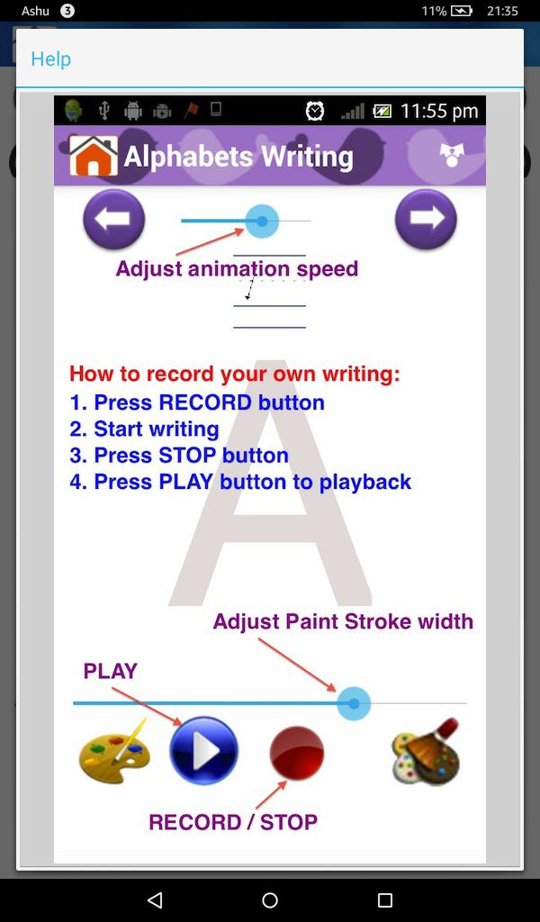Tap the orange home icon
point(94,156)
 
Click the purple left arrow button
point(114,219)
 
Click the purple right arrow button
point(426,219)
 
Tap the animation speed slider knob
point(262,221)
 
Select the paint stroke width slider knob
point(354,703)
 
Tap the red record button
point(296,753)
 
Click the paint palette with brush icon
point(113,753)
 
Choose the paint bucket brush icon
point(426,753)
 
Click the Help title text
point(50,59)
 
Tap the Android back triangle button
point(155,899)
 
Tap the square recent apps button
point(385,899)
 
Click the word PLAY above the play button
point(111,671)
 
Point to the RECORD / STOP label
point(233,822)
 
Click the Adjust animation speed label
point(237,268)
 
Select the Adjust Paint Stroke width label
point(343,621)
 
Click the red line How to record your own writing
point(235,374)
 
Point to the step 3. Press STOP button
point(179,455)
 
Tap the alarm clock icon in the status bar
point(315,111)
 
